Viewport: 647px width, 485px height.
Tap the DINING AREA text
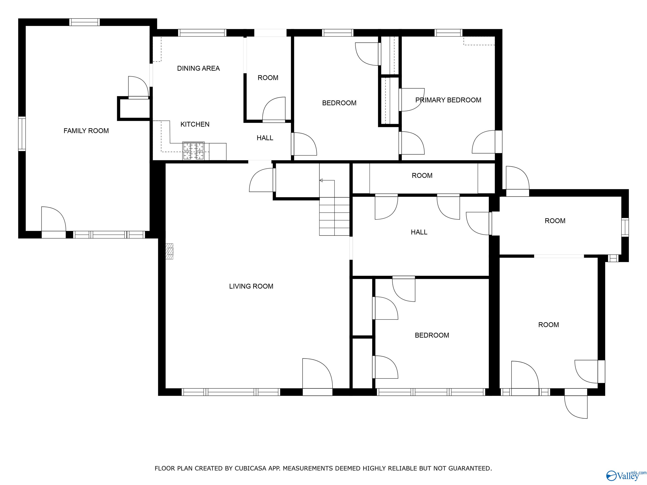198,68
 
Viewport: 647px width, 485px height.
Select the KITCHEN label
195,124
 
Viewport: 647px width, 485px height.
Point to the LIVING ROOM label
251,286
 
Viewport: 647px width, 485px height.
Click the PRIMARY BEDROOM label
448,100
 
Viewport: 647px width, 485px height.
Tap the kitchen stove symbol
193,151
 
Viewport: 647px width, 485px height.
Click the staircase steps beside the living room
334,216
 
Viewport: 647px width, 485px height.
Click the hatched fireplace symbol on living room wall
169,251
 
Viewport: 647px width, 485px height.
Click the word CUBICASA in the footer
250,468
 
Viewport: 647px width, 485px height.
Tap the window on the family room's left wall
22,134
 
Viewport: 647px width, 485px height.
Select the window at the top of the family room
84,22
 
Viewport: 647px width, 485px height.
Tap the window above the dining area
202,33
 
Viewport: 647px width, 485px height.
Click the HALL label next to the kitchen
265,138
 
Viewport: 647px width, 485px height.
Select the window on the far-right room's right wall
625,227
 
